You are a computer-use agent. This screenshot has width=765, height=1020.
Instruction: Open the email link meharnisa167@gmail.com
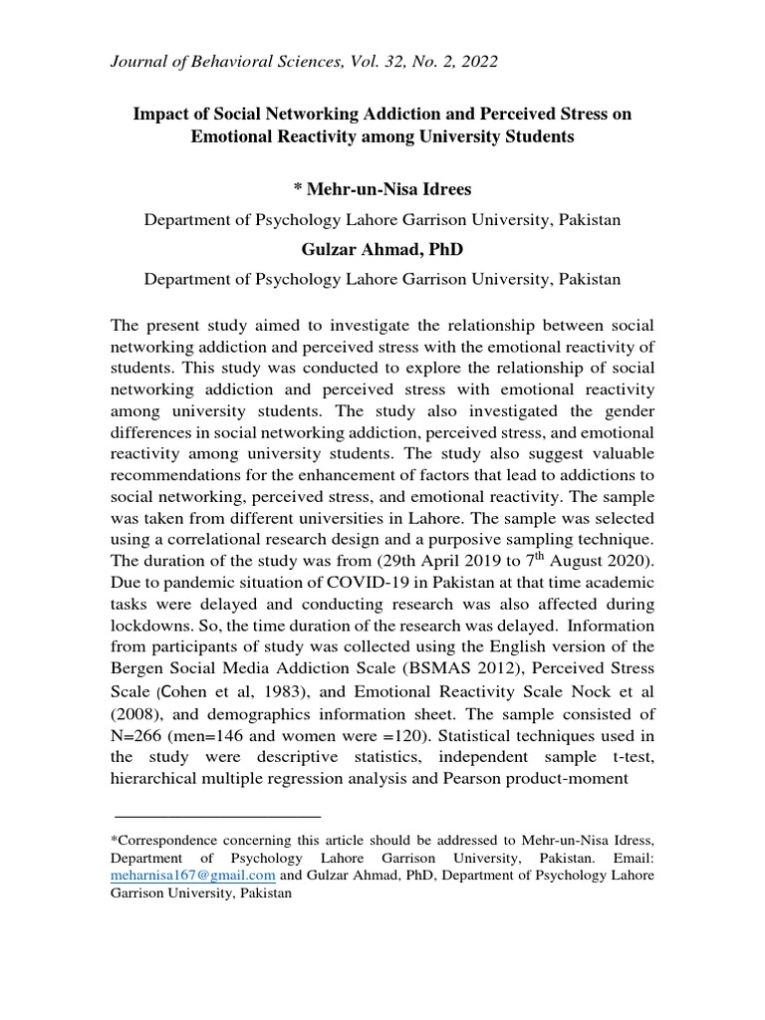pyautogui.click(x=192, y=876)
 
